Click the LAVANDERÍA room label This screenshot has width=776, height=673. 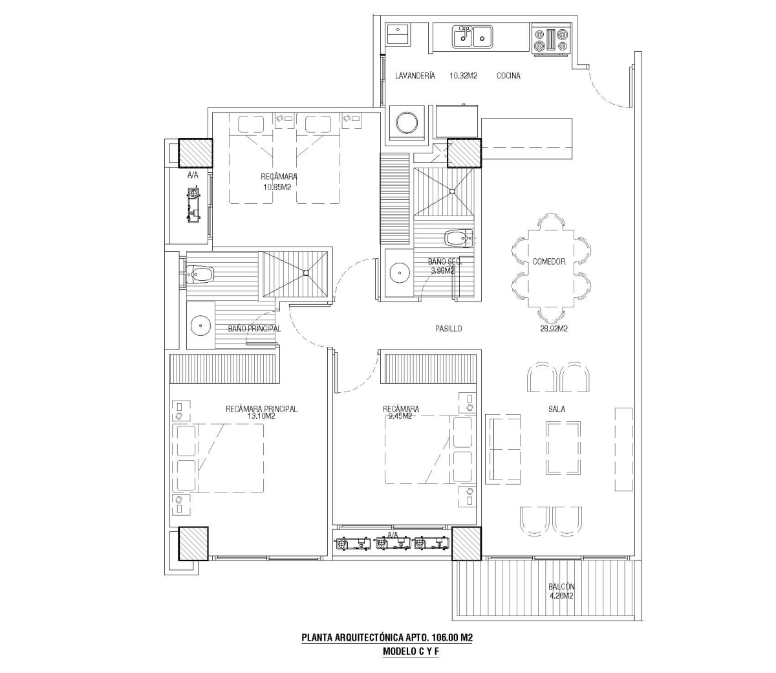[415, 76]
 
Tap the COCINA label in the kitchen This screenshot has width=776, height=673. [508, 76]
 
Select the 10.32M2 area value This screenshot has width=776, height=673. [463, 76]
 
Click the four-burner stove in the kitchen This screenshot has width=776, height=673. [551, 40]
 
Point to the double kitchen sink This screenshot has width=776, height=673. [472, 36]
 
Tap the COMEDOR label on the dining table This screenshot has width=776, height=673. [549, 261]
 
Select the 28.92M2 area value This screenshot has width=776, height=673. [554, 329]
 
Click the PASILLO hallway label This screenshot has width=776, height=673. [449, 329]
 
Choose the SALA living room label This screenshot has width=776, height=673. [557, 409]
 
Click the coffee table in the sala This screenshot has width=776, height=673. [563, 448]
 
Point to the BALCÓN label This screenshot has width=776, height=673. [561, 586]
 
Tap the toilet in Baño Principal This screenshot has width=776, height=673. [200, 274]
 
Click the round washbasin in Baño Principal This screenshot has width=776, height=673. [202, 325]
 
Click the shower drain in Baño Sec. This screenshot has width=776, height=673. [453, 192]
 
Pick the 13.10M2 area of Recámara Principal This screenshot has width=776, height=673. [261, 416]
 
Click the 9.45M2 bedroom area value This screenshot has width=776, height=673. [398, 416]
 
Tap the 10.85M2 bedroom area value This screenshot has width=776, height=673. [277, 187]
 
